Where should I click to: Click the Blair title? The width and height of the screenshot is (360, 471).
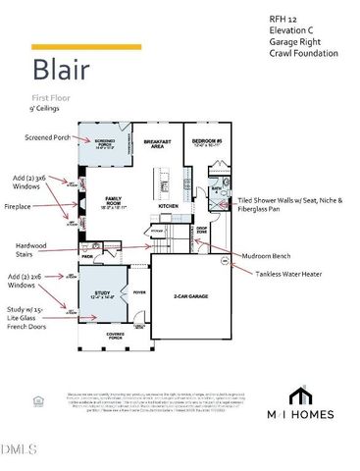pyautogui.click(x=63, y=72)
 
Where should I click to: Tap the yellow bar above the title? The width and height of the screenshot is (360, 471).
pyautogui.click(x=86, y=46)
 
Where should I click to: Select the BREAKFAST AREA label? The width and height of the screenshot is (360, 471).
pyautogui.click(x=159, y=144)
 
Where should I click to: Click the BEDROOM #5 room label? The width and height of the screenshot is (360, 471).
pyautogui.click(x=208, y=143)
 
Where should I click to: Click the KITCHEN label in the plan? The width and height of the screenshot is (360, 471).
pyautogui.click(x=169, y=206)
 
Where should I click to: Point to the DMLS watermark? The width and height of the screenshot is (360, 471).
pyautogui.click(x=18, y=450)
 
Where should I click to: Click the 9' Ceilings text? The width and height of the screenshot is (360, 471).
pyautogui.click(x=47, y=109)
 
